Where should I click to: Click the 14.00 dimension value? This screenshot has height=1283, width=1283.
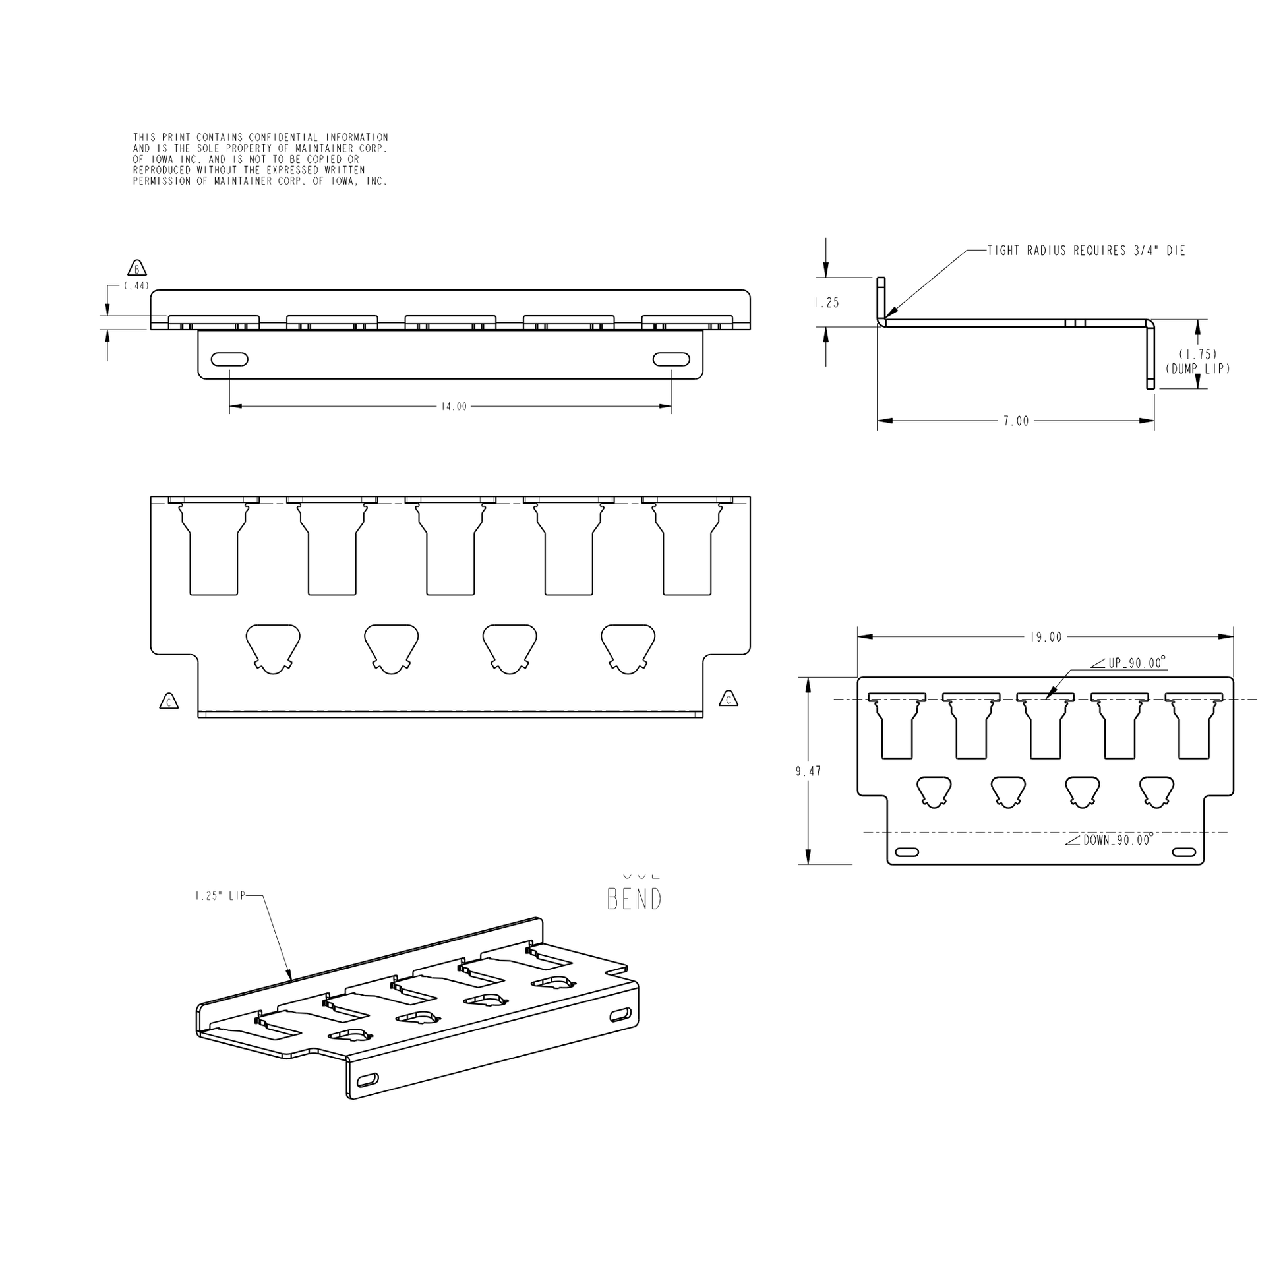click(x=454, y=406)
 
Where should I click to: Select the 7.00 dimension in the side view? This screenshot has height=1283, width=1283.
click(x=1015, y=421)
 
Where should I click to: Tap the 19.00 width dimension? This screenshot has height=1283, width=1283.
click(x=1046, y=638)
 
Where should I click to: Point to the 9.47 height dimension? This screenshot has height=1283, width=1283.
click(x=808, y=771)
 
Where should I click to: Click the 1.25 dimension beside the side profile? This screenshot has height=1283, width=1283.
click(x=827, y=303)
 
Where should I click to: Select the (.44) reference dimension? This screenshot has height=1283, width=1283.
click(x=136, y=286)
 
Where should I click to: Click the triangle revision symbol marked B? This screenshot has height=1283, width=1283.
click(x=136, y=269)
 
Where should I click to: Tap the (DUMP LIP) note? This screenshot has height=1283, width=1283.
click(x=1197, y=369)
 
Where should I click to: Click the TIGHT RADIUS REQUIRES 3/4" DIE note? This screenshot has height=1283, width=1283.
click(x=1086, y=251)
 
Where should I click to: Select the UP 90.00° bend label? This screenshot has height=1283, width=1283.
click(x=1136, y=663)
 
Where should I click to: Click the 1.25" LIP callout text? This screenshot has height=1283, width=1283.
click(x=220, y=896)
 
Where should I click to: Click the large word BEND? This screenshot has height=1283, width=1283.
click(x=634, y=900)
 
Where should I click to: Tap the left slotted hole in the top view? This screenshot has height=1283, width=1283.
click(x=230, y=359)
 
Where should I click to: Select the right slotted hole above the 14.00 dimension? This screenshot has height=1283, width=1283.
click(x=671, y=359)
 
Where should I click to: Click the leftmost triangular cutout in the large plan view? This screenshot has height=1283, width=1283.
click(x=273, y=647)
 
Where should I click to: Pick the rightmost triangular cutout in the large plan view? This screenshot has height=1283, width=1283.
click(x=628, y=647)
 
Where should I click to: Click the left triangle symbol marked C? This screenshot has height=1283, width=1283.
click(x=169, y=702)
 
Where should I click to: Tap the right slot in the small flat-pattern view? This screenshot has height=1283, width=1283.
click(x=1183, y=852)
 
